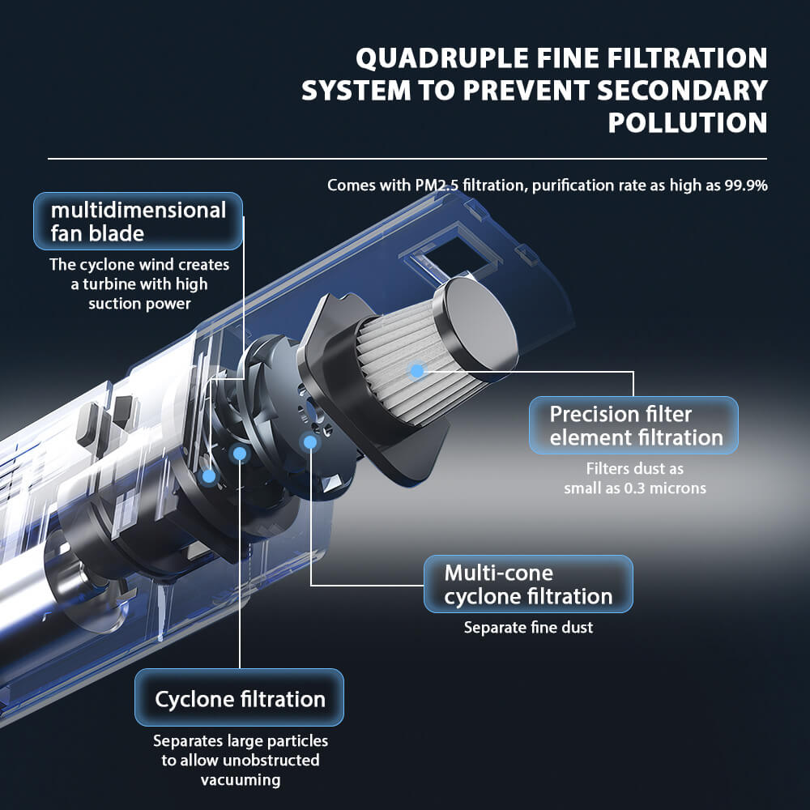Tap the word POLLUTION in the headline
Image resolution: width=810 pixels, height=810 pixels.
coord(687,122)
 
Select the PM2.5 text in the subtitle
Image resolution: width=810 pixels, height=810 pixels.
coord(440,185)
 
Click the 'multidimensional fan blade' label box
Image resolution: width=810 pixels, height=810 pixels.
coord(138,221)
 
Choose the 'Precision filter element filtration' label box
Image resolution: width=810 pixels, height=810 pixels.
coord(633,426)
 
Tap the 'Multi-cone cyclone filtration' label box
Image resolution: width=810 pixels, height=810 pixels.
coord(527,585)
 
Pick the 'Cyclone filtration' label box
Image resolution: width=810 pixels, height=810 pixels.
coord(239,698)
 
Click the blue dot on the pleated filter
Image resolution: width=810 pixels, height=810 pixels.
coord(417,371)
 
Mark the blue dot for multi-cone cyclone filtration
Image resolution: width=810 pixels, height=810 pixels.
coord(309,441)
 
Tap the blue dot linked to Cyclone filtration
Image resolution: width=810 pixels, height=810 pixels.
coord(239,453)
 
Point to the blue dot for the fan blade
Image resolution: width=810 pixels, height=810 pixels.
coord(208,476)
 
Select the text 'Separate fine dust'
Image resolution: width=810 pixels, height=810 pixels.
coord(528,628)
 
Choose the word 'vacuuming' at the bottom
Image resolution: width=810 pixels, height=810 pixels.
coord(240,780)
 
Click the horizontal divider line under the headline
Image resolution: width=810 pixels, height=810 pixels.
coord(405,159)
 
